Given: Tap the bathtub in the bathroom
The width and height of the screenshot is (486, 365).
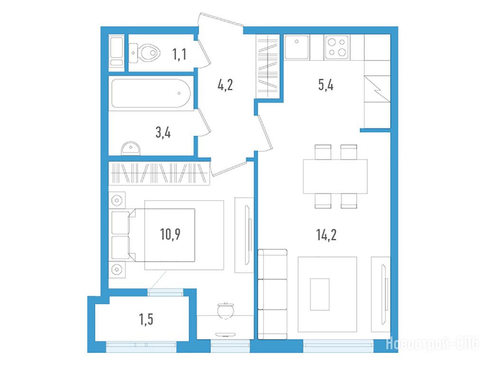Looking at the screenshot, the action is (151, 94).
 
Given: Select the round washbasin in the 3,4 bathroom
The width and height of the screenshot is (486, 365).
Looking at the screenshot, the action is (131, 149).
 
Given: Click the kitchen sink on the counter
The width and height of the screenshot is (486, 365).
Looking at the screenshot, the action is (297, 47).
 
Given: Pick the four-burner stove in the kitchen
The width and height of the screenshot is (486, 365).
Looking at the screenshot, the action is (336, 47).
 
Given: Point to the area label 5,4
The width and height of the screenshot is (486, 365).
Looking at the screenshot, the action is (326, 85).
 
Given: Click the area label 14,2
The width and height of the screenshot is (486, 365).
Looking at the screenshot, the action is (327, 235).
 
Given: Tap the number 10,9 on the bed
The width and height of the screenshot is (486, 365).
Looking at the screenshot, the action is (170, 234).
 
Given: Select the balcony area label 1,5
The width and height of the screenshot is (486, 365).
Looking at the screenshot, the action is (146, 319).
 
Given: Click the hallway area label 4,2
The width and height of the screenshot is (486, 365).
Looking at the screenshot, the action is (225, 85).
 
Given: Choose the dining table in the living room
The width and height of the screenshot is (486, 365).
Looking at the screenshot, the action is (336, 176).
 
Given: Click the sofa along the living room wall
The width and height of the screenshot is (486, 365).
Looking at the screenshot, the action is (272, 294).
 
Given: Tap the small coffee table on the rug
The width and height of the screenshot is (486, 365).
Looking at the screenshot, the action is (320, 294).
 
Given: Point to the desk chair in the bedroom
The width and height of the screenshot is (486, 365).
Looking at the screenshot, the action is (225, 311).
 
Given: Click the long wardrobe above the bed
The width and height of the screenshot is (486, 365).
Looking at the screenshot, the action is (159, 173).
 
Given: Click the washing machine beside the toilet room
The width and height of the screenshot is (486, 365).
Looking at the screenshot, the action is (117, 53).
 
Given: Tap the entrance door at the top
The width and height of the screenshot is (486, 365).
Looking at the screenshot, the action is (221, 19).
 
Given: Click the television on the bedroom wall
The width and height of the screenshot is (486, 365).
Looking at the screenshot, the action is (248, 235).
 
